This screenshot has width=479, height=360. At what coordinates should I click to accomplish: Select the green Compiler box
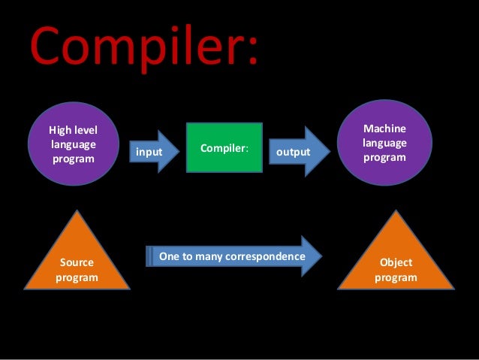(x=224, y=148)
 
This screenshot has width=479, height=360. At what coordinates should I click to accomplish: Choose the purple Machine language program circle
(x=384, y=144)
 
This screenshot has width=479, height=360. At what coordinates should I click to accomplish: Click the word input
(x=149, y=153)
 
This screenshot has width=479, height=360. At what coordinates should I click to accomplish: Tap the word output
(x=294, y=153)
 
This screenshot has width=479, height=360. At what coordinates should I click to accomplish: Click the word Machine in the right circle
(x=384, y=129)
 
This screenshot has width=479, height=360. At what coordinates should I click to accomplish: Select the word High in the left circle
(x=60, y=131)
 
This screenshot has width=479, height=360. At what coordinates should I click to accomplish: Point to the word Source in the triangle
(x=77, y=263)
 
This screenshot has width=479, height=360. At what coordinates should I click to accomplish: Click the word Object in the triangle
(x=396, y=263)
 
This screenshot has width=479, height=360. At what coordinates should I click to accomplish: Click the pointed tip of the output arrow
(x=330, y=152)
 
